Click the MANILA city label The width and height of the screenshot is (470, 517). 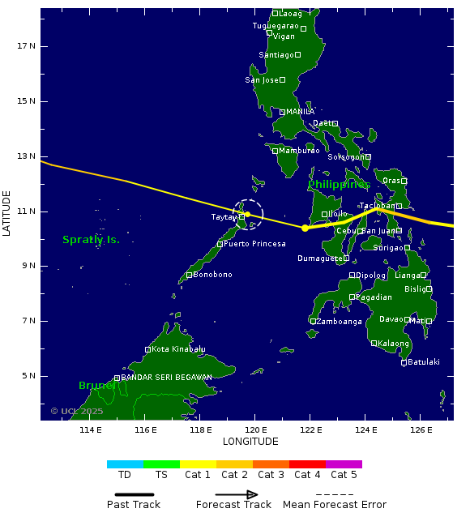(x=300, y=112)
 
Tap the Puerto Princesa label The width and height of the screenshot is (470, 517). (x=254, y=244)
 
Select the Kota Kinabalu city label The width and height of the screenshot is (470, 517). (x=178, y=349)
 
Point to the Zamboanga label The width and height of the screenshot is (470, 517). (x=340, y=322)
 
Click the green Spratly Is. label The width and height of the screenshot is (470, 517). (x=91, y=240)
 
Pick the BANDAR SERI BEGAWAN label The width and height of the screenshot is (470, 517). (x=166, y=378)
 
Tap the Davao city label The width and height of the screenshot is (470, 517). (x=391, y=319)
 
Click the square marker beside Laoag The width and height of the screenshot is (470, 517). (x=276, y=13)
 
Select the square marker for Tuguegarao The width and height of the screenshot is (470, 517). (x=303, y=28)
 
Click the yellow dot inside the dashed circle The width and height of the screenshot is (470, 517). (x=248, y=215)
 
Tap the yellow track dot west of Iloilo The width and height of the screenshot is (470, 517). (x=305, y=229)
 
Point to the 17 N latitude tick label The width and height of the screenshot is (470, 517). (x=26, y=46)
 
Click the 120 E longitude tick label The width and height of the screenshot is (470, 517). (x=256, y=430)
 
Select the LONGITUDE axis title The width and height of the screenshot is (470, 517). (x=250, y=442)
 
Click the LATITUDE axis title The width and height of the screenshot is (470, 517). (x=7, y=213)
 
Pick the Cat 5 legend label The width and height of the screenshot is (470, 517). (x=344, y=475)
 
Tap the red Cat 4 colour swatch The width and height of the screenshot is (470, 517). (x=307, y=464)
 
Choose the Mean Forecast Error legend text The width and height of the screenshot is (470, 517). (x=334, y=505)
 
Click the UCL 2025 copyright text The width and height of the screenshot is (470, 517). (x=77, y=412)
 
